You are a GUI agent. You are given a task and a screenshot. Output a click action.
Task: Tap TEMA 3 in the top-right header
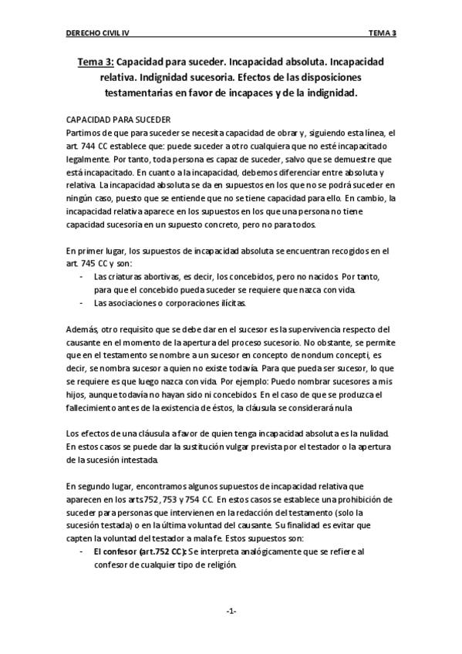point(381,33)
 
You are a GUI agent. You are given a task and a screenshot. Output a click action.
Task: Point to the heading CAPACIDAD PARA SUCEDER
point(118,120)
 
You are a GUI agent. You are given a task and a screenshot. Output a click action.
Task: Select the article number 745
point(89,264)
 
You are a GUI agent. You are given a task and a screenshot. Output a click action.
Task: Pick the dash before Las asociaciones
point(82,302)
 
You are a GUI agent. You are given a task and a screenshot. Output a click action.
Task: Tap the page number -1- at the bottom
point(231,611)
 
